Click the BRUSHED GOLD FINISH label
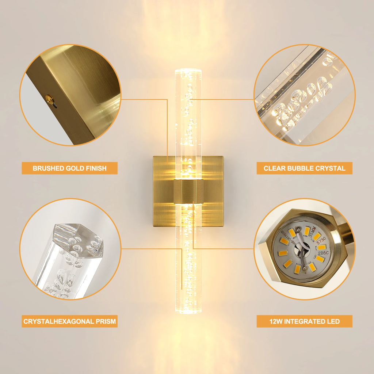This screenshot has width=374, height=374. [x=69, y=168]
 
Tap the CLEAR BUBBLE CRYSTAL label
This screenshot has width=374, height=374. [x=304, y=168]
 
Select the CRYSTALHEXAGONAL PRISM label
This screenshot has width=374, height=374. [x=69, y=321]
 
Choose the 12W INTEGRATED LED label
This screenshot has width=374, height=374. [x=304, y=321]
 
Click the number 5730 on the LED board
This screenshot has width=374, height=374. [x=321, y=240]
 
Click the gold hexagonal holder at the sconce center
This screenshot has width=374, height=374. [x=188, y=191]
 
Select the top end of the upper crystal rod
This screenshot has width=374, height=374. [x=188, y=70]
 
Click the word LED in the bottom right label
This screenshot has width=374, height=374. [x=333, y=321]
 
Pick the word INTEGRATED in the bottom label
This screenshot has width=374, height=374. [x=304, y=321]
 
